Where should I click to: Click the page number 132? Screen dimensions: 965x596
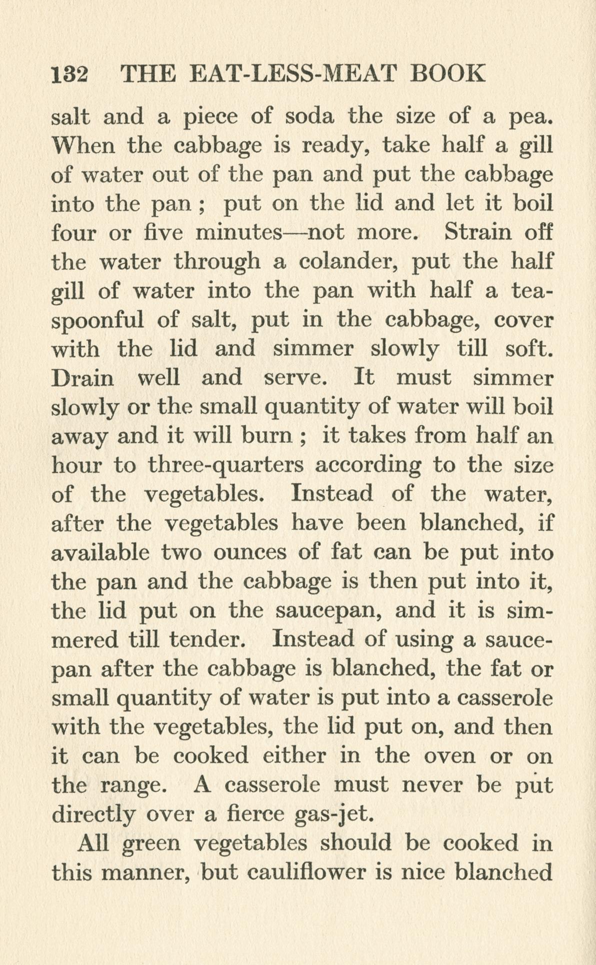69,75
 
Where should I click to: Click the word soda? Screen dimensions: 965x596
308,117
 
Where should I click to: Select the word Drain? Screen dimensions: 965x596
83,377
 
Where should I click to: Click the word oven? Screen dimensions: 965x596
449,755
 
